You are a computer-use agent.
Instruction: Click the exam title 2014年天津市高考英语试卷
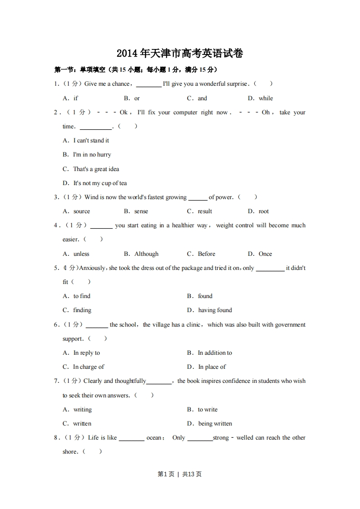[180, 54]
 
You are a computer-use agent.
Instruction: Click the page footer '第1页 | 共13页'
[180, 474]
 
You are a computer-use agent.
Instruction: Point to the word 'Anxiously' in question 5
[92, 268]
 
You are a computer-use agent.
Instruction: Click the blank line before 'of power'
[197, 198]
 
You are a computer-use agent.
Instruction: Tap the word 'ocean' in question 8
[154, 438]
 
